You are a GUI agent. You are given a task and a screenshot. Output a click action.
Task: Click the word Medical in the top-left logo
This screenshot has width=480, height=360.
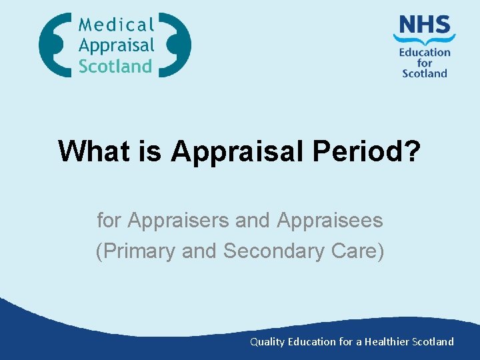coord(116,25)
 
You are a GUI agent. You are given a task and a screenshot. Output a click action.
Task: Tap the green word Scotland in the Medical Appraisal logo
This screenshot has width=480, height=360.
coord(115,65)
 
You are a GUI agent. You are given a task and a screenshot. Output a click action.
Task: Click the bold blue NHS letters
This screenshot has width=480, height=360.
coord(425,25)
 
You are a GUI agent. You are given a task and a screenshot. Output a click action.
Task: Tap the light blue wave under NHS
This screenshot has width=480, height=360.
coord(425,39)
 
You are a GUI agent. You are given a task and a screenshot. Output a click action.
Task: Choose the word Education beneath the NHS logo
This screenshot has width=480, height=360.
coord(425,52)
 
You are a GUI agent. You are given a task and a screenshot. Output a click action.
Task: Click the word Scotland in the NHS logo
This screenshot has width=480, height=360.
coord(425,73)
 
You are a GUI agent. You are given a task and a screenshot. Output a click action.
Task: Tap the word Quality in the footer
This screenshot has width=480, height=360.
coord(265,341)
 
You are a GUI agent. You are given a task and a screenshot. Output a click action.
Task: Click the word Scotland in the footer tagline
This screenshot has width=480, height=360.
coord(433,341)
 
